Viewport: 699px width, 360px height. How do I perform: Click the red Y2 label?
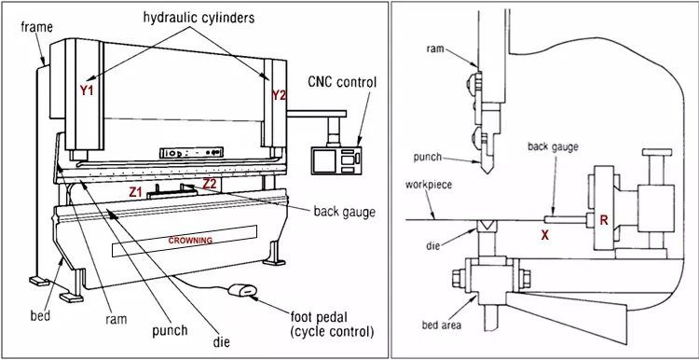(x=279, y=95)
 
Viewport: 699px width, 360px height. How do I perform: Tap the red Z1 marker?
(x=136, y=192)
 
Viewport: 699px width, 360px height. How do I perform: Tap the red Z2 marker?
(x=210, y=184)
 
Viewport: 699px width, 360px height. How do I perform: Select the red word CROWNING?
(x=190, y=241)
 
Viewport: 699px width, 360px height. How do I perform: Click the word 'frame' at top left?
(x=35, y=27)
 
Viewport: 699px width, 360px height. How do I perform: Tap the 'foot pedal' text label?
(x=320, y=317)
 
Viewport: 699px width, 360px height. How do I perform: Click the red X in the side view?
(x=544, y=235)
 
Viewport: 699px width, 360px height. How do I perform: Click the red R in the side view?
(x=604, y=221)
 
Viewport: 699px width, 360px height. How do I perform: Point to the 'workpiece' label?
(x=428, y=185)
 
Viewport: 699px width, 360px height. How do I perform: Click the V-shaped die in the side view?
(x=485, y=226)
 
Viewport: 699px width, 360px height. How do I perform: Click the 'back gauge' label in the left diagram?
(x=340, y=212)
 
